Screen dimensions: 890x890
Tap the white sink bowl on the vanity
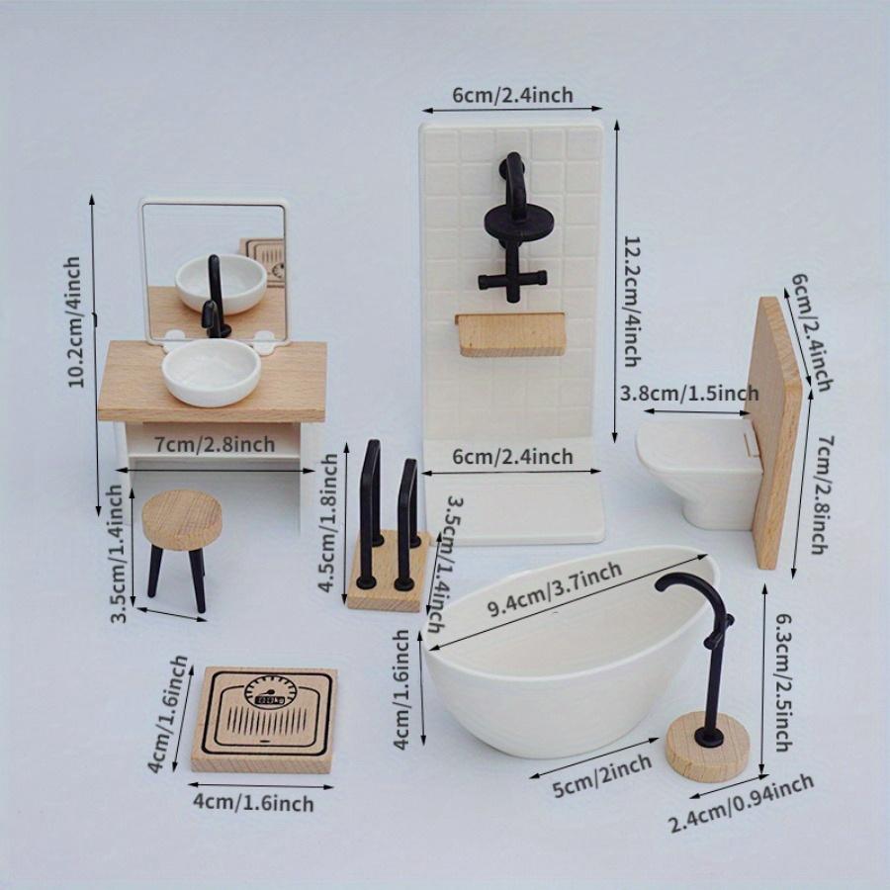pos(211,373)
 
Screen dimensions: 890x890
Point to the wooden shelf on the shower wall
pos(510,333)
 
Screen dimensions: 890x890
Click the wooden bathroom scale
pos(264,719)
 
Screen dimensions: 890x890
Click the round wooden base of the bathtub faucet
pos(704,749)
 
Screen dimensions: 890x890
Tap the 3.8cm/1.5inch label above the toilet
pos(688,394)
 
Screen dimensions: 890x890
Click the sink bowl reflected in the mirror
pos(221,282)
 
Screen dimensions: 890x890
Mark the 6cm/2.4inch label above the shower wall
pos(512,95)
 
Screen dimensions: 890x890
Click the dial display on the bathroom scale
pos(266,697)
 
